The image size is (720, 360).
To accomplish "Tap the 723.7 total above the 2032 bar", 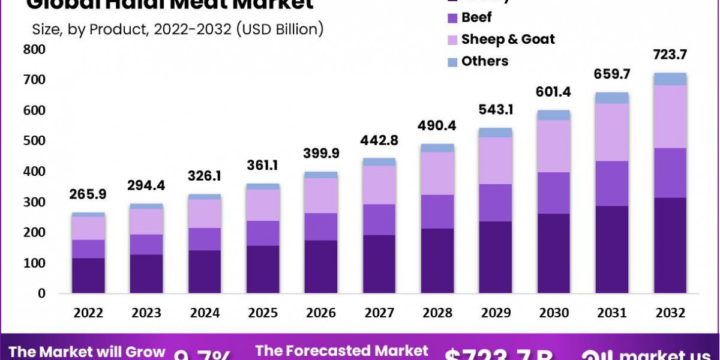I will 670,55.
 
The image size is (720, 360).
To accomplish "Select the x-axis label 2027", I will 379,313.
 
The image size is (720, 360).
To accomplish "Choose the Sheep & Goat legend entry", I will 508,40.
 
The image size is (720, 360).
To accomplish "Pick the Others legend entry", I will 484,61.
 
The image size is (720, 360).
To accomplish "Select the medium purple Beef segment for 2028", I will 437,211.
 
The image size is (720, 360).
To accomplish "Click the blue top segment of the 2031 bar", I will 611,98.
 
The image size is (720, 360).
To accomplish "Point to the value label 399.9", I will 321,154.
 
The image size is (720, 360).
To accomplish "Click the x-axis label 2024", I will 205,313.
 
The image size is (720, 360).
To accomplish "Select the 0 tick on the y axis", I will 41,293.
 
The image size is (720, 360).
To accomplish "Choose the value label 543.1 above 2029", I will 495,110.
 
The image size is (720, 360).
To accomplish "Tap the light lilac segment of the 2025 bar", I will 263,205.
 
